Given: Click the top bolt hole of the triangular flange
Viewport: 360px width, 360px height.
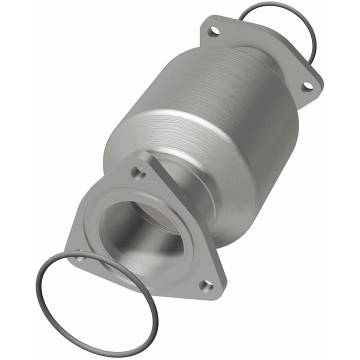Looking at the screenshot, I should coord(138,173).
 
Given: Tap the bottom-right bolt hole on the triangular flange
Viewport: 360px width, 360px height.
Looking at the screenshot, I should coord(206,286).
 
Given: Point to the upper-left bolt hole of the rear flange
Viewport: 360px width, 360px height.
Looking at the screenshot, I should coord(214,31).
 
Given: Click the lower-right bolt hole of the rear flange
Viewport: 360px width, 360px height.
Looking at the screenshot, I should coord(308,86).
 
